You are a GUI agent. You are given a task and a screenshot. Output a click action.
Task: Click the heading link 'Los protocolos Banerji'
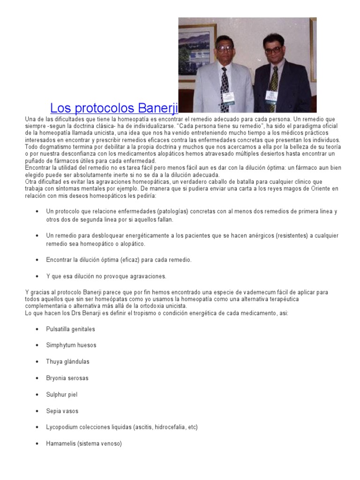tap(114, 108)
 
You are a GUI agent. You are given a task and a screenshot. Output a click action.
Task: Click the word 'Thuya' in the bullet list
tap(54, 362)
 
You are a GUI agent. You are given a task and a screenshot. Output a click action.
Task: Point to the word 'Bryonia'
tap(56, 378)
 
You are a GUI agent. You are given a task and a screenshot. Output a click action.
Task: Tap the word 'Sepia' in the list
tap(53, 411)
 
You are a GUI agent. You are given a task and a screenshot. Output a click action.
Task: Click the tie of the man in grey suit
tap(225, 89)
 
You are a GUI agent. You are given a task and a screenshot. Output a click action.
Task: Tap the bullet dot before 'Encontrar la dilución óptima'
tap(37, 260)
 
